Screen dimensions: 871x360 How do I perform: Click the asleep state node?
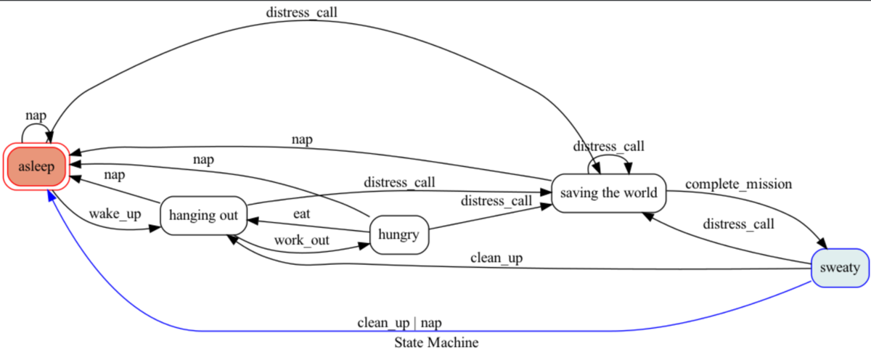36,166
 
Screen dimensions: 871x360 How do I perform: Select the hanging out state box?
204,216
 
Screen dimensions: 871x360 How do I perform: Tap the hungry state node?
399,235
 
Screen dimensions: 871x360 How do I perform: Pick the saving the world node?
608,193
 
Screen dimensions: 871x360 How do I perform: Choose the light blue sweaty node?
840,268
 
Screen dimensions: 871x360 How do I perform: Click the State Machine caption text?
436,343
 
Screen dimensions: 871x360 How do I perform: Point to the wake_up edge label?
115,214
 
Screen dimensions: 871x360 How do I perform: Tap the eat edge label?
302,213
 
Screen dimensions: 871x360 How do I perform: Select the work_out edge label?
302,240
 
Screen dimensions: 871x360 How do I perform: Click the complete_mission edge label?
738,184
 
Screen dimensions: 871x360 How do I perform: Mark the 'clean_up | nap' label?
399,323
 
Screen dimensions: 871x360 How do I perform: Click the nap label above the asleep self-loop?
36,115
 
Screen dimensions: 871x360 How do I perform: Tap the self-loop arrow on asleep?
36,124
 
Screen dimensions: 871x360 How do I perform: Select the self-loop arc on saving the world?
609,155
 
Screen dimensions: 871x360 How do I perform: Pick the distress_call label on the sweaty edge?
738,224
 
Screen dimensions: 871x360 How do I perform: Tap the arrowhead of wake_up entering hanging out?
155,229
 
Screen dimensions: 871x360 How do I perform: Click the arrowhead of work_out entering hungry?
364,246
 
